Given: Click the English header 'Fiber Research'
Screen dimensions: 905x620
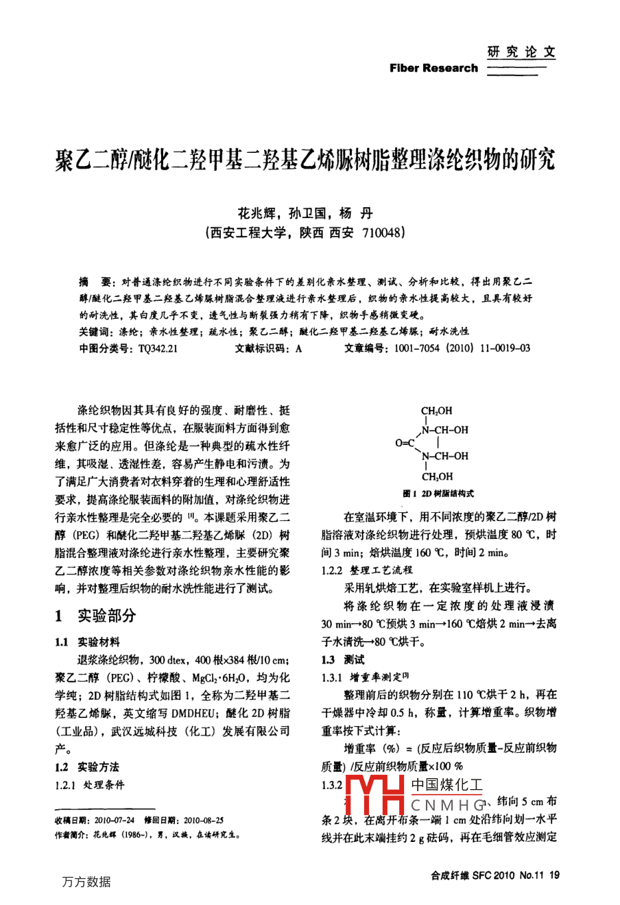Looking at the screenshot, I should [x=433, y=68].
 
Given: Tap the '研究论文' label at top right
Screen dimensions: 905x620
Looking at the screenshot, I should [x=521, y=51].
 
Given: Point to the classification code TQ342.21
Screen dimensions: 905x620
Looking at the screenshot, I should [x=158, y=348].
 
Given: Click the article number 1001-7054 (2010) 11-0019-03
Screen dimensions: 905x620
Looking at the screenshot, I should [x=462, y=348].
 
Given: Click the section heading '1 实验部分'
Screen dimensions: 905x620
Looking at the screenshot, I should [x=96, y=615].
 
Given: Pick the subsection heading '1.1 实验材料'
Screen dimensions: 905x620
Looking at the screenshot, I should [x=87, y=642].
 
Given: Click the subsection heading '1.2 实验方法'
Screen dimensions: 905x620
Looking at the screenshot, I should [x=87, y=767].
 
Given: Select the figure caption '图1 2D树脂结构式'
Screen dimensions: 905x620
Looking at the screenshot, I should [x=438, y=494].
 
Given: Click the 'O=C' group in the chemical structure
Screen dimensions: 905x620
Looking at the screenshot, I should [x=405, y=443].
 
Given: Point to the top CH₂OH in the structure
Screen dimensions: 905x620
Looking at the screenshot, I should [x=437, y=411].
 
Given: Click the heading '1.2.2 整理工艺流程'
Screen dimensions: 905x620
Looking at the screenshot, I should [x=367, y=570].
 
